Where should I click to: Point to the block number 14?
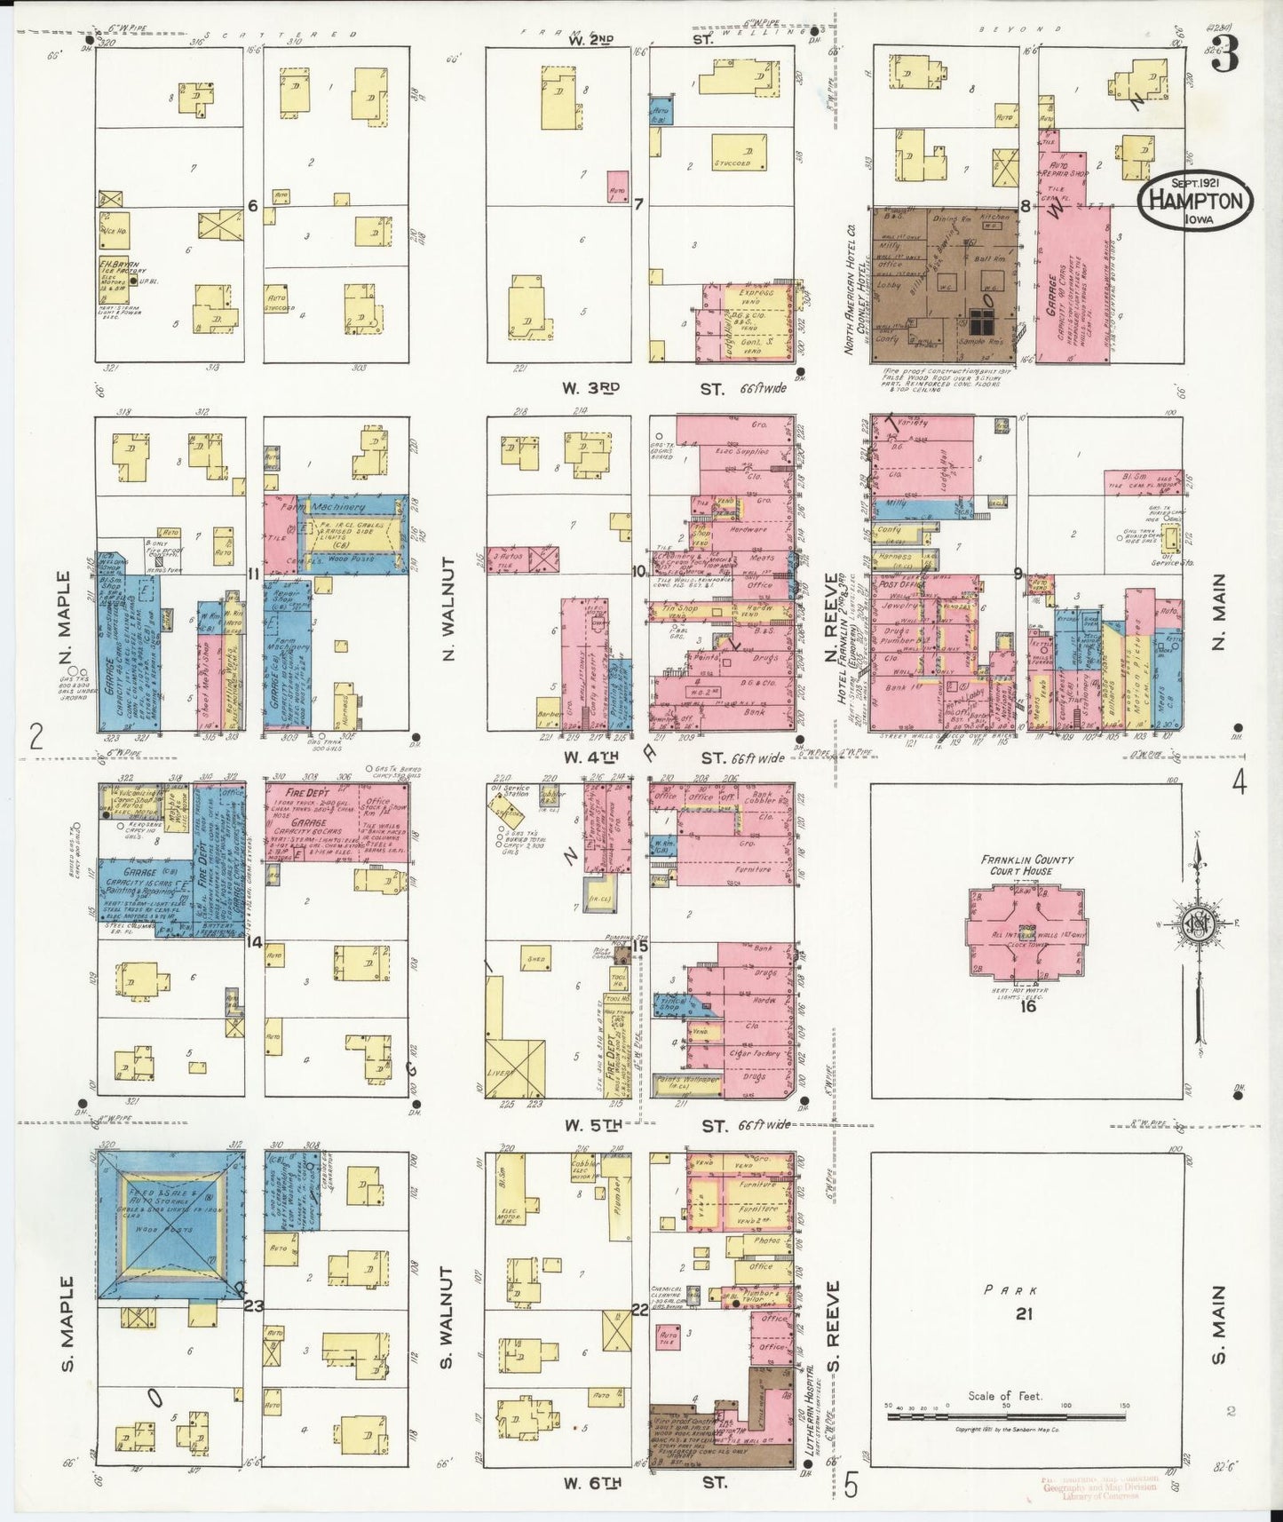tap(255, 943)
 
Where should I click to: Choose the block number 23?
tap(254, 1305)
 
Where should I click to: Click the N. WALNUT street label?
tap(448, 611)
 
